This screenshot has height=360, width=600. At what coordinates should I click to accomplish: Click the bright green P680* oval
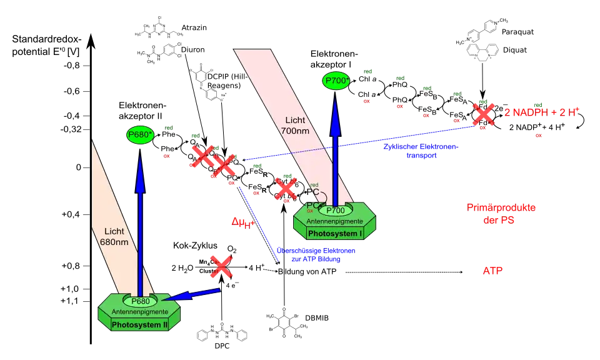click(x=140, y=135)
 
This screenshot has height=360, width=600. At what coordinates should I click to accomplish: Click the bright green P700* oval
click(x=336, y=81)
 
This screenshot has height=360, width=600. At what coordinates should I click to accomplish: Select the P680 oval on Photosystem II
click(x=140, y=301)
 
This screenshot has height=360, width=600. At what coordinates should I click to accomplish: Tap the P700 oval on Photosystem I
click(x=336, y=211)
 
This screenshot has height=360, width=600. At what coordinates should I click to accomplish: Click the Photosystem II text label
click(x=139, y=324)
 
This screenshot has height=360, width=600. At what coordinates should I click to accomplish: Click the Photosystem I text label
click(x=335, y=234)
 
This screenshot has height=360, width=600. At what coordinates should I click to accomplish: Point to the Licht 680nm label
click(x=114, y=236)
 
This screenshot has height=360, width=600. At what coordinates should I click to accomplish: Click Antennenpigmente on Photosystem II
click(x=139, y=312)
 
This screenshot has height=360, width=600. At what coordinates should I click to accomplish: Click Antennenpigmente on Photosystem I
click(x=335, y=221)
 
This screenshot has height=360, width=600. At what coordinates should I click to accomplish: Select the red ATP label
click(x=492, y=271)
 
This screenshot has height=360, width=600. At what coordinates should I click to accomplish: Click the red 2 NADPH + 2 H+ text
click(x=542, y=112)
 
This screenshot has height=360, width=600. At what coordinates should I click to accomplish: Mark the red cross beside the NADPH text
click(x=483, y=113)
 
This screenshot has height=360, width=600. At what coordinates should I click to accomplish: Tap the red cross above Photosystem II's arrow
click(x=221, y=267)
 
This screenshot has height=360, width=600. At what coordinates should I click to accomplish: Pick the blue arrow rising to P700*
click(x=336, y=150)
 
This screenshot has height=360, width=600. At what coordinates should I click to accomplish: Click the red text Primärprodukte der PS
click(x=501, y=214)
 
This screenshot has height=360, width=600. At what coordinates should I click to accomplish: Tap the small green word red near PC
click(x=315, y=185)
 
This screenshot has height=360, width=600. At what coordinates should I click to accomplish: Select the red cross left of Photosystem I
click(x=286, y=188)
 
